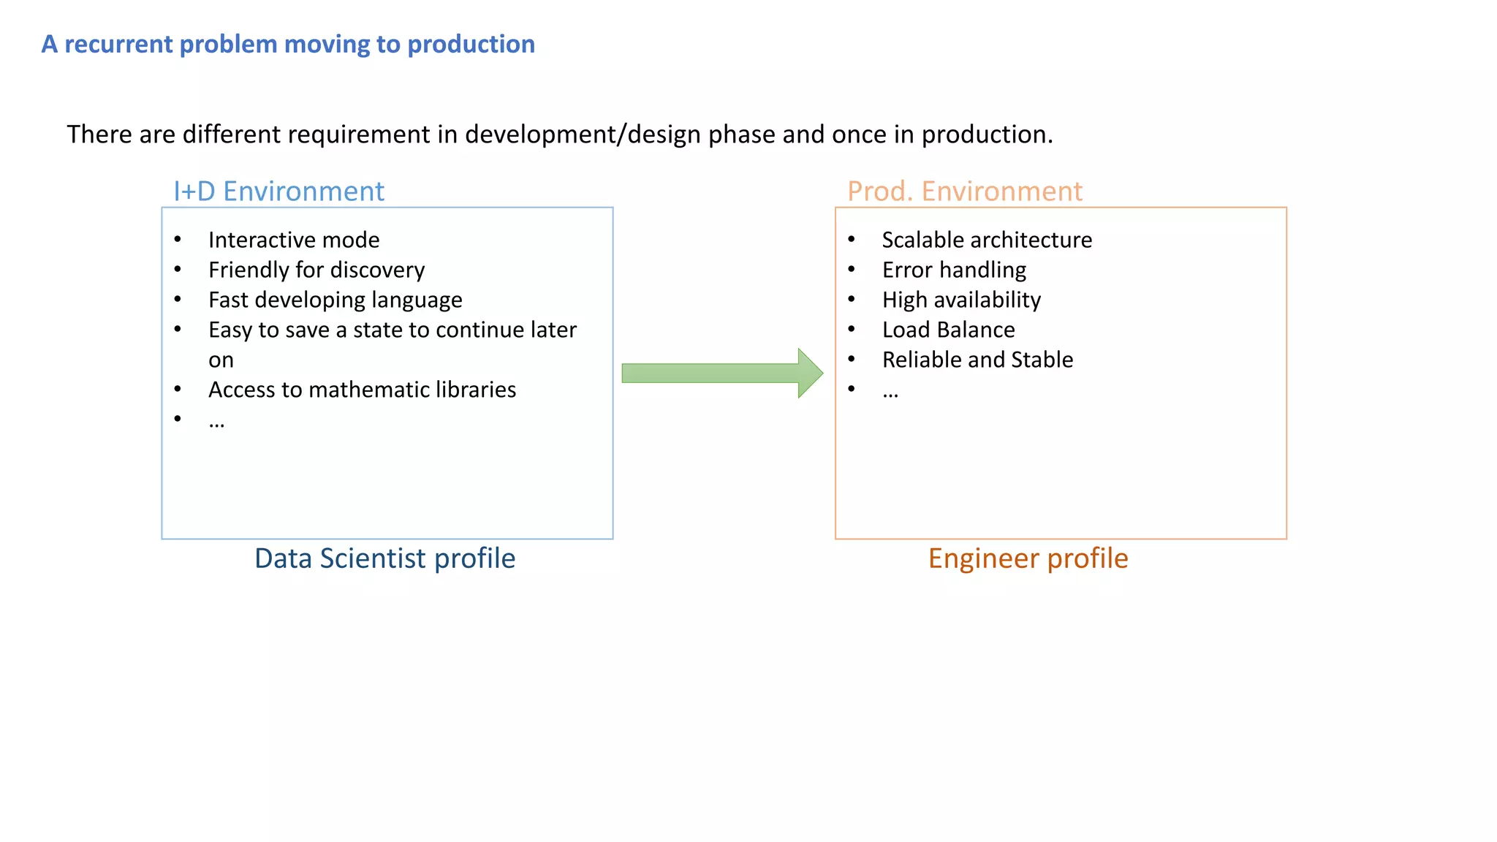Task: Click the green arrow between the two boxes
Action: (x=720, y=373)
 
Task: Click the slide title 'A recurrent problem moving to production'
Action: (x=288, y=45)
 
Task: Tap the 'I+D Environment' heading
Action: (x=278, y=191)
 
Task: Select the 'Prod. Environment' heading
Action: (x=964, y=191)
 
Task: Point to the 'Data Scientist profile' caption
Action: (x=384, y=558)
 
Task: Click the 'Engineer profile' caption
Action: (x=1028, y=558)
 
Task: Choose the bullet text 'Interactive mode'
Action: (x=294, y=240)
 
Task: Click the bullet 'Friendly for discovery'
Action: (x=317, y=270)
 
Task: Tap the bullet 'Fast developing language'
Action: (x=336, y=300)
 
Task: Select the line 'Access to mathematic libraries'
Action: (x=362, y=390)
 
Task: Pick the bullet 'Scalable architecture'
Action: (x=987, y=240)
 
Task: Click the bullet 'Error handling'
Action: (x=954, y=270)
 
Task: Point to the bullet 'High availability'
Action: (x=961, y=300)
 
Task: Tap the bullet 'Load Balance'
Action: (x=948, y=330)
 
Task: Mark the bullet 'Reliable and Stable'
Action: (x=977, y=360)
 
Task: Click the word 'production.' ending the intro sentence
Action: (x=987, y=134)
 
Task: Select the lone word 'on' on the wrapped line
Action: (x=221, y=360)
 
